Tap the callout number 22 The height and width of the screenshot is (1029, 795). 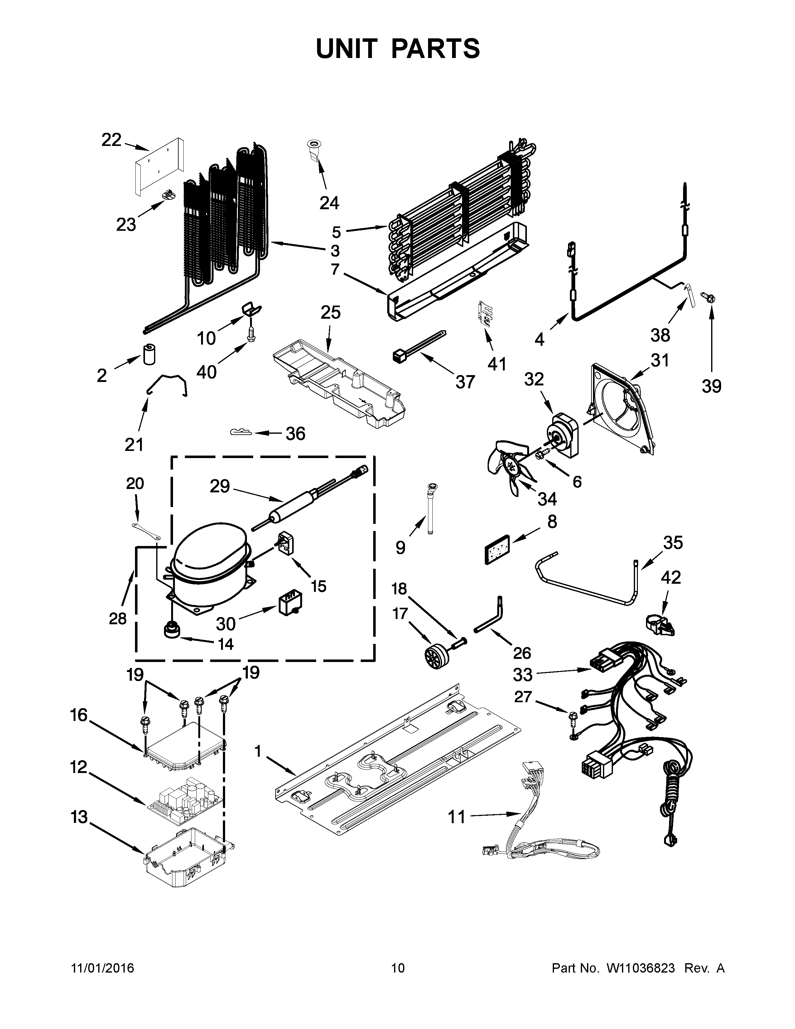112,140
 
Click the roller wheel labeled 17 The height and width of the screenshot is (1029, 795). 430,655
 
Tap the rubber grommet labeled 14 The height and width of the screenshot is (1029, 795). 171,630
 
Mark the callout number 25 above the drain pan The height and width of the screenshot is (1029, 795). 330,312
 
